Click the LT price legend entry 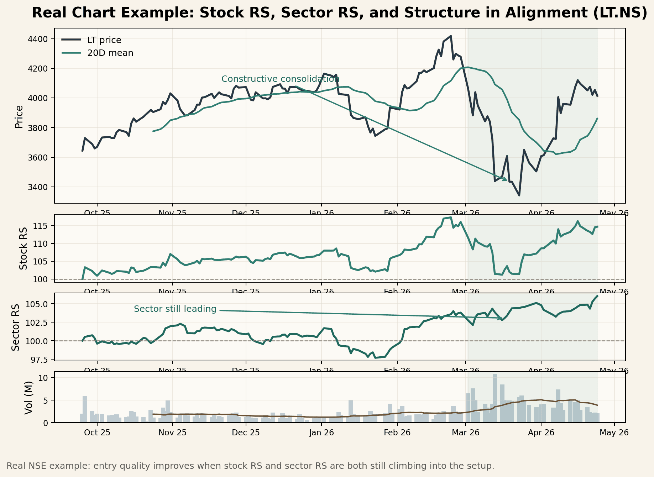coord(104,40)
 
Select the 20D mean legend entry coord(110,53)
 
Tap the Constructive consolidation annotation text coord(280,79)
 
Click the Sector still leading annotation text coord(175,309)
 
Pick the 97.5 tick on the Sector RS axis coord(38,360)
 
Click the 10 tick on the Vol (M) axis coord(43,378)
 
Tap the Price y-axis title coord(19,116)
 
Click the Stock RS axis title coord(23,248)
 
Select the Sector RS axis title coord(16,327)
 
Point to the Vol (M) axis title coord(29,397)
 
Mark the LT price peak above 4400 coord(451,36)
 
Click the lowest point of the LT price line coord(519,195)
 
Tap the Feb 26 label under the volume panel coord(397,433)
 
